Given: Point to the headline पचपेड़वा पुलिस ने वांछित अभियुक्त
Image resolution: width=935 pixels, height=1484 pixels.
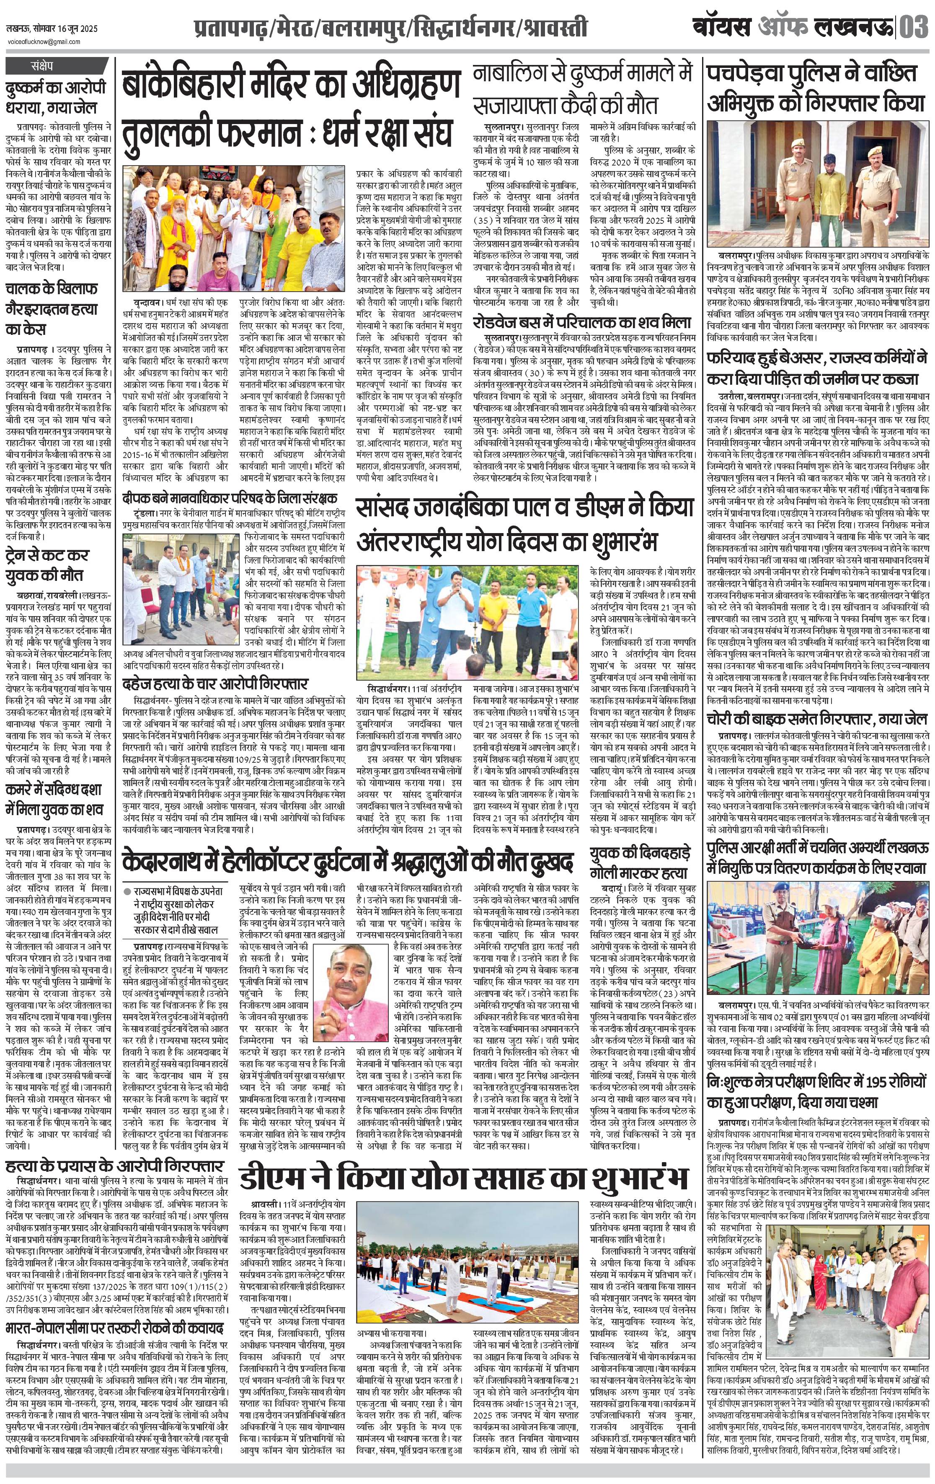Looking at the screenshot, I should point(816,86).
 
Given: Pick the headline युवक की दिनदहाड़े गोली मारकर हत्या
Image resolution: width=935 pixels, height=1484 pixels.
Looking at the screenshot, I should point(639,862).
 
